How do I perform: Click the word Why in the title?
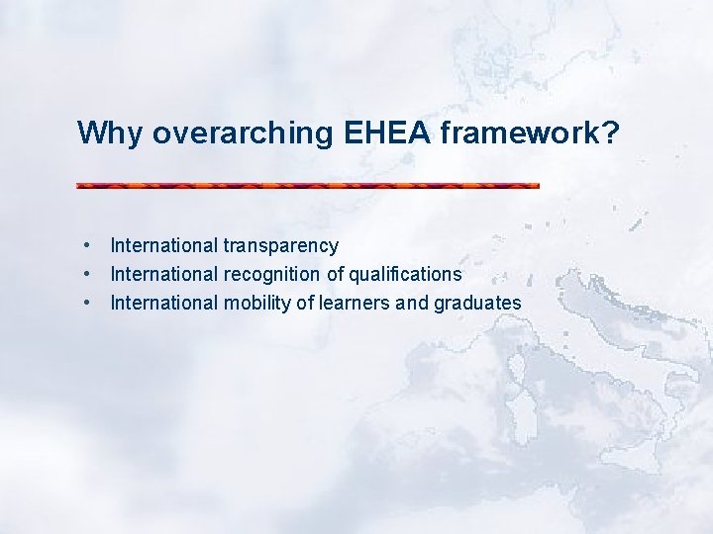tap(111, 133)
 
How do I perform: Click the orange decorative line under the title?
tap(308, 185)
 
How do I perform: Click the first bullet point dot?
tap(88, 244)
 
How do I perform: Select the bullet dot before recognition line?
tap(88, 273)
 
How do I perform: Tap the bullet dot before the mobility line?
tap(88, 302)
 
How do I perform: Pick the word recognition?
tap(271, 274)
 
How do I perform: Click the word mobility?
tap(255, 303)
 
